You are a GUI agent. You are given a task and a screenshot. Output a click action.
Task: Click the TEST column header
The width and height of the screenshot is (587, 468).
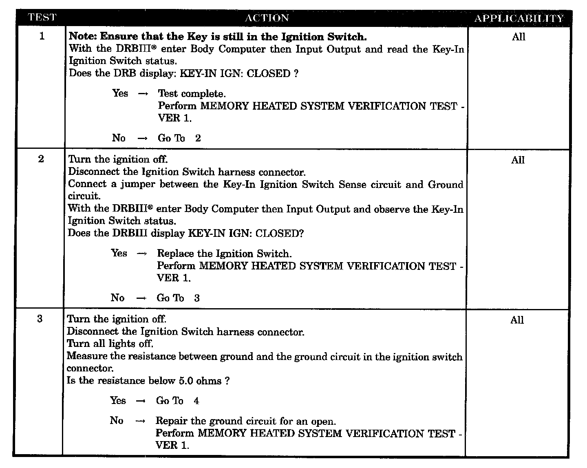coord(42,18)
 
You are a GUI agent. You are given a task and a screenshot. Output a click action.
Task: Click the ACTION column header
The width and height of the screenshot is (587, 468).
coord(267,18)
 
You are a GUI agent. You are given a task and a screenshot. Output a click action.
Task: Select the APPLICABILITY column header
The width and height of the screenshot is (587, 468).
coord(519,18)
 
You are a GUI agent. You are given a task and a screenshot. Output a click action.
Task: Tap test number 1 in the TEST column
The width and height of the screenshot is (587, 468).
coord(42,36)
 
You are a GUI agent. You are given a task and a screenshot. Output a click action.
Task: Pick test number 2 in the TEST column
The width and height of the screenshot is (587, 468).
coord(41,159)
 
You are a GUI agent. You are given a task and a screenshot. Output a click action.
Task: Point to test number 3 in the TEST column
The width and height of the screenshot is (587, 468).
coord(40,319)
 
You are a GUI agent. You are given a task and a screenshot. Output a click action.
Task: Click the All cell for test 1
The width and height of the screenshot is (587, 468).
coord(519,37)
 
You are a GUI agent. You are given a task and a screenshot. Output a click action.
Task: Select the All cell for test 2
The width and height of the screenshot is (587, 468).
coord(518,160)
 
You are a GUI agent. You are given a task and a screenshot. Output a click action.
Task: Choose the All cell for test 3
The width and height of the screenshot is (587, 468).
coord(517,320)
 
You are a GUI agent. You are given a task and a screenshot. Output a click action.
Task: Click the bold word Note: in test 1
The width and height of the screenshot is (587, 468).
coord(83,37)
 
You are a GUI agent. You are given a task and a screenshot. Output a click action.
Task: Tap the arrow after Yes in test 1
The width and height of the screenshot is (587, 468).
coord(143,94)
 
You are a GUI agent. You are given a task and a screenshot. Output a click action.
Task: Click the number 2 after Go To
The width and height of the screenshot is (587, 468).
coord(198,138)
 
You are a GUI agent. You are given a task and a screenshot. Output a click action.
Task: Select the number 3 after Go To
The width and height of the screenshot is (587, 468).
coord(197,298)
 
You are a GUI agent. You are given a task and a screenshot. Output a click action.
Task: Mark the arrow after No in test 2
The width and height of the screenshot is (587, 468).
coord(141,298)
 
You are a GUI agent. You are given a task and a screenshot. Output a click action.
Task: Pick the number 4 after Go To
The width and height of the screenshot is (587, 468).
coord(196,401)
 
